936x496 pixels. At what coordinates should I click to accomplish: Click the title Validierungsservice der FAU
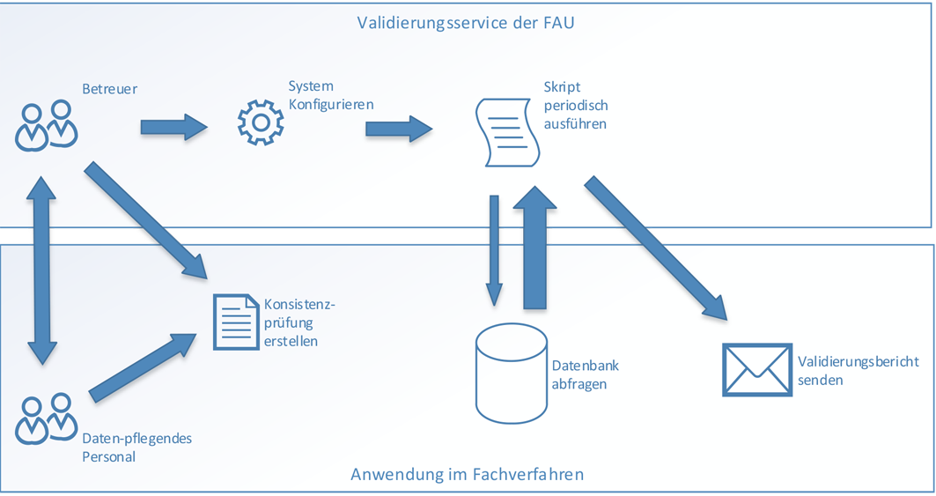click(466, 22)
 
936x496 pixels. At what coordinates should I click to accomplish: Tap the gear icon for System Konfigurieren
click(260, 122)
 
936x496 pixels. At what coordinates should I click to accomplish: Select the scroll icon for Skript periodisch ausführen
click(507, 131)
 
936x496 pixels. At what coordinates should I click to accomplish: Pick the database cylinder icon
click(511, 374)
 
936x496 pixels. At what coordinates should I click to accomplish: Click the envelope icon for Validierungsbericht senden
click(755, 369)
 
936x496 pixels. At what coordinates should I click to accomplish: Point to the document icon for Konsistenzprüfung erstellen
click(234, 322)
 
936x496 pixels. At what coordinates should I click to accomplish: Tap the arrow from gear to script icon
click(399, 129)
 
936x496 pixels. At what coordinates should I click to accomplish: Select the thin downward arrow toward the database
click(494, 250)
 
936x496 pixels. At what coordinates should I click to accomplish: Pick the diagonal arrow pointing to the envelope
click(656, 248)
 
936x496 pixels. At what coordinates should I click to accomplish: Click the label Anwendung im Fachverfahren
click(467, 475)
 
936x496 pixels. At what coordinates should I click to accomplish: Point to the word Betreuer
click(109, 89)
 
